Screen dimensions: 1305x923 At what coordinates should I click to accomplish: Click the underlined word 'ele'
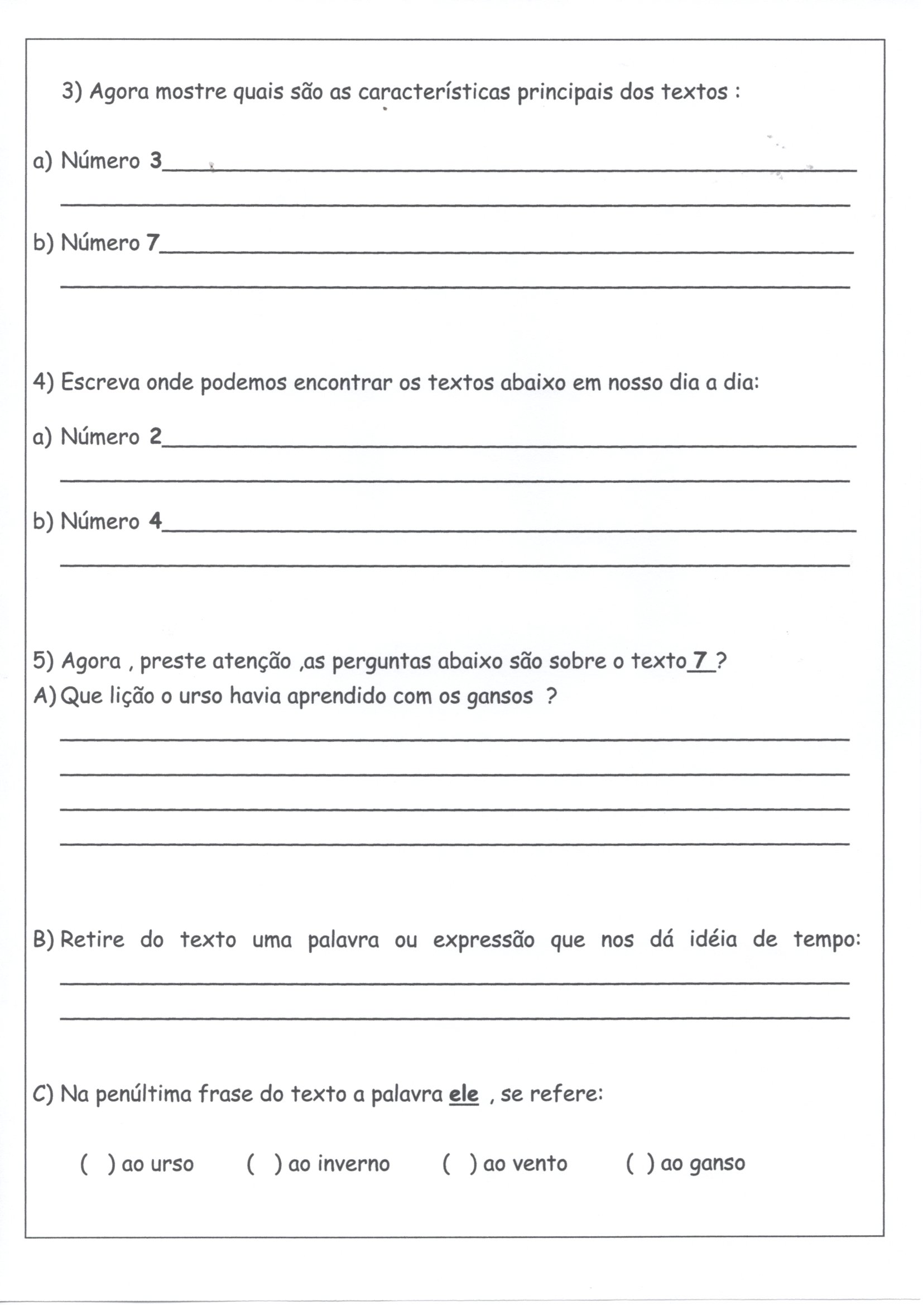pyautogui.click(x=464, y=1094)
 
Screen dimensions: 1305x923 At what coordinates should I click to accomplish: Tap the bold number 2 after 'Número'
pyautogui.click(x=155, y=436)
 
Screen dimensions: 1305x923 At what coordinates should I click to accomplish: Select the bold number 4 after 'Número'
pyautogui.click(x=155, y=521)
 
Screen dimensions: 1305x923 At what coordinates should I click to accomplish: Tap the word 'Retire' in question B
pyautogui.click(x=92, y=939)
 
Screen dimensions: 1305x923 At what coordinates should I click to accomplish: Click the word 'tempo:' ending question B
pyautogui.click(x=827, y=939)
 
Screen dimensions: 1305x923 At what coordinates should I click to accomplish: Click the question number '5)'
pyautogui.click(x=43, y=660)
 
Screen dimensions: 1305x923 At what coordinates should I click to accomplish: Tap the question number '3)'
pyautogui.click(x=72, y=92)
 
